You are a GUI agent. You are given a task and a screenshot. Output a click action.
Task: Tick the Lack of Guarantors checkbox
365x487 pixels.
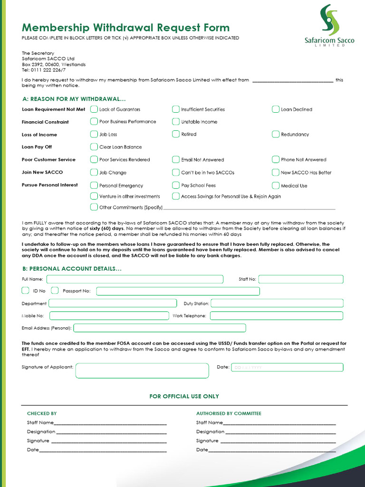pos(94,109)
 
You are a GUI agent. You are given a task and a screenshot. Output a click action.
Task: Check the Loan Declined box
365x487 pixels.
pos(276,109)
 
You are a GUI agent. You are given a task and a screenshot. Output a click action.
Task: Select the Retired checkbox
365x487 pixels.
pos(176,134)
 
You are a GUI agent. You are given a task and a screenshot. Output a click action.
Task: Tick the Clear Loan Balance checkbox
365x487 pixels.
pos(94,147)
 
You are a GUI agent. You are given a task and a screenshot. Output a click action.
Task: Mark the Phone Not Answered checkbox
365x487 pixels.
pos(276,159)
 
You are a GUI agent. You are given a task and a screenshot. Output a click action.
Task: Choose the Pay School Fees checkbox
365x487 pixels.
pos(176,185)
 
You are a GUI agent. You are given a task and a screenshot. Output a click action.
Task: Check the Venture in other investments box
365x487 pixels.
pos(94,196)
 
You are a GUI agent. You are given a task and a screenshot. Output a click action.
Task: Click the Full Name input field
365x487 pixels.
pos(134,279)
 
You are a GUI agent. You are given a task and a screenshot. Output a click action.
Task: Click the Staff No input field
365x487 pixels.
pos(301,279)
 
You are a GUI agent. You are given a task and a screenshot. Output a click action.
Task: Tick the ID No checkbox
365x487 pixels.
pos(26,291)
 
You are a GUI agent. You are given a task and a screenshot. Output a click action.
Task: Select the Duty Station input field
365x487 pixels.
pos(277,303)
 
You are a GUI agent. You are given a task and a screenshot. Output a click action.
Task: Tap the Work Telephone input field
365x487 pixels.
pos(276,315)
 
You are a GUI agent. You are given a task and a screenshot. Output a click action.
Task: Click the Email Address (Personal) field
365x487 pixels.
pos(160,328)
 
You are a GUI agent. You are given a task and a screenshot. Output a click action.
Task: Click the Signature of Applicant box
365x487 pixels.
pos(142,370)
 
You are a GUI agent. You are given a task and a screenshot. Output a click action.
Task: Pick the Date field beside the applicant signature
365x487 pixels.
pos(287,367)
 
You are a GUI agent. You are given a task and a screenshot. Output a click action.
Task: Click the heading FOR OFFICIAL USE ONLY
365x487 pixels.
pos(184,396)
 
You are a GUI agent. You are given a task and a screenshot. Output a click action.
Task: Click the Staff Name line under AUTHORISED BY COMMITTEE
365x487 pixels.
pos(279,422)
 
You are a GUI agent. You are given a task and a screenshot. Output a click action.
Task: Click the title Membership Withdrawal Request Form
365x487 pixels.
pos(125,28)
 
